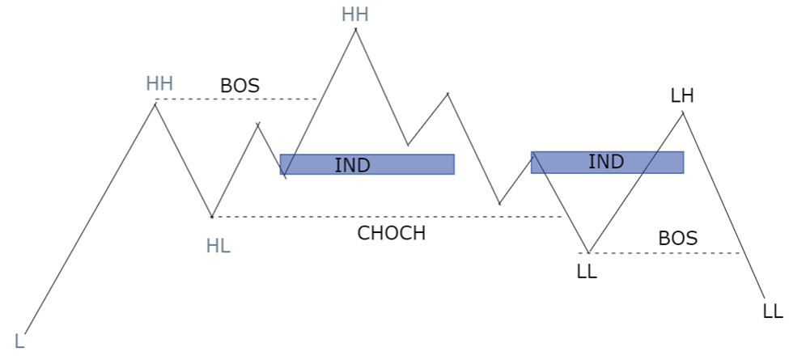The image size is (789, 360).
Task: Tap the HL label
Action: [x=218, y=247]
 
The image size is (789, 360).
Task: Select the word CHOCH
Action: [x=392, y=233]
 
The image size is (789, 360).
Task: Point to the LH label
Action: [x=682, y=96]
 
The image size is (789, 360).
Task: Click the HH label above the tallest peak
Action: [x=354, y=15]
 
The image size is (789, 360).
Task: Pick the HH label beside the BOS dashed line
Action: [x=159, y=83]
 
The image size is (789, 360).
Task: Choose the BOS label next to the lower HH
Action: [x=240, y=86]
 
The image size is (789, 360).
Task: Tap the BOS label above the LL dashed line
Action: [x=678, y=239]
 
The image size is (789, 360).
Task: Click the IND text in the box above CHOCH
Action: [x=352, y=165]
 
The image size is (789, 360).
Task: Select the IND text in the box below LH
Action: [x=606, y=162]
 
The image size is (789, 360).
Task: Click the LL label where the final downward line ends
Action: [x=773, y=311]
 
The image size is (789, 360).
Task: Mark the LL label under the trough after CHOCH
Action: [x=587, y=272]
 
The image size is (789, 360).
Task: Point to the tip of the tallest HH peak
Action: [x=356, y=29]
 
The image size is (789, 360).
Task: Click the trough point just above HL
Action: [x=212, y=217]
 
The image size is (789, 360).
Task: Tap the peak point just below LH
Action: [x=683, y=112]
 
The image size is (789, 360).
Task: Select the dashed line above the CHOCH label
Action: [x=387, y=217]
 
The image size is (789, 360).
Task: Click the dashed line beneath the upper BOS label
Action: [x=236, y=99]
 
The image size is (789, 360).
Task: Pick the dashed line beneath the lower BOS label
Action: [x=660, y=253]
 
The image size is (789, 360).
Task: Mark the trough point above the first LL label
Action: [x=589, y=252]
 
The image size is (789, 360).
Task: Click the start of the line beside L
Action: [x=24, y=333]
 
